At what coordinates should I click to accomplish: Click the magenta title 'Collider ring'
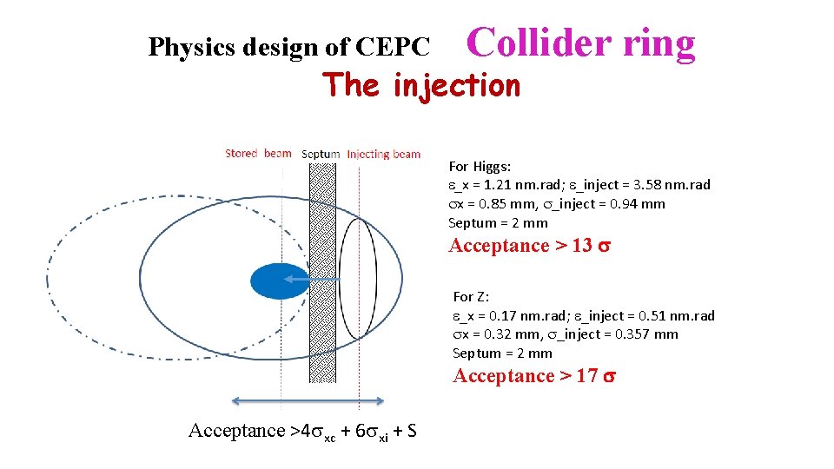581,43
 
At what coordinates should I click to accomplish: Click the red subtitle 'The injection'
421,85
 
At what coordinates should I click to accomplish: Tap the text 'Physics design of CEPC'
288,47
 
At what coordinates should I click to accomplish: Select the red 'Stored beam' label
258,154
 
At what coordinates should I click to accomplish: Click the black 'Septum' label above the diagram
321,155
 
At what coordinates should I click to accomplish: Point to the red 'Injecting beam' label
383,154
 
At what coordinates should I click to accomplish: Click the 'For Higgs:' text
480,166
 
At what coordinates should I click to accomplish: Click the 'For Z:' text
471,296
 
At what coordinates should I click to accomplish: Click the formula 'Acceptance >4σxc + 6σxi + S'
301,431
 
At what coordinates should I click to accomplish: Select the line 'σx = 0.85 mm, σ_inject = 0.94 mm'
556,204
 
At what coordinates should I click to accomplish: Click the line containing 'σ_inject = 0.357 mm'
565,334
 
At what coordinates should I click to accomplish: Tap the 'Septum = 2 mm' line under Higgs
498,223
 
